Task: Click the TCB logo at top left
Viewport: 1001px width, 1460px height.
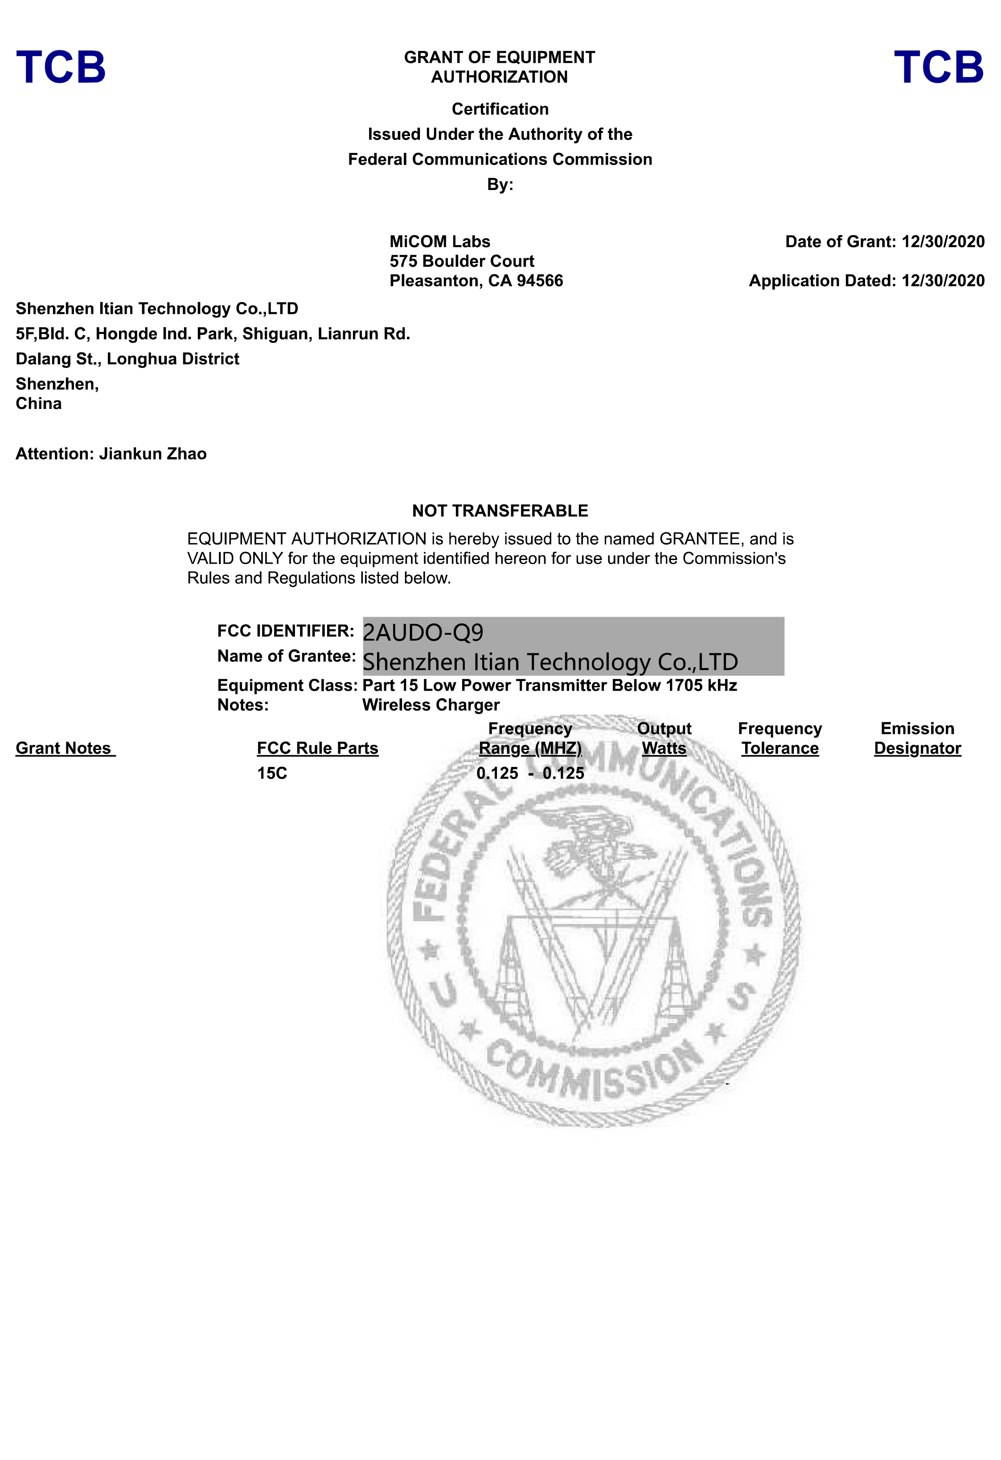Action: tap(61, 67)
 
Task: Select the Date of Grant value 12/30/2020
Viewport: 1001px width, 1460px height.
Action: tap(943, 242)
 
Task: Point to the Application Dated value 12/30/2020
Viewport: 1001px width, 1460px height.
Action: tap(943, 281)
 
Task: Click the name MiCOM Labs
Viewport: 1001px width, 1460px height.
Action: tap(439, 242)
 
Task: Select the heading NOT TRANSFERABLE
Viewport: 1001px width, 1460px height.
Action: tap(500, 511)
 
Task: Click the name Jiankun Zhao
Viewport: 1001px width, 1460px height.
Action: tap(152, 454)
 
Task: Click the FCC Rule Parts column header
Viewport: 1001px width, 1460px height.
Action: tap(317, 748)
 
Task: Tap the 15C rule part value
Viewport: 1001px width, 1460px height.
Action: tap(272, 773)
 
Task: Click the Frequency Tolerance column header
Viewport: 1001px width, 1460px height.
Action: tap(779, 739)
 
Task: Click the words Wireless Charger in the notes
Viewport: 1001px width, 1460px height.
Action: tap(431, 705)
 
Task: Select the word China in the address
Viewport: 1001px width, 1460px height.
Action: tap(38, 404)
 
